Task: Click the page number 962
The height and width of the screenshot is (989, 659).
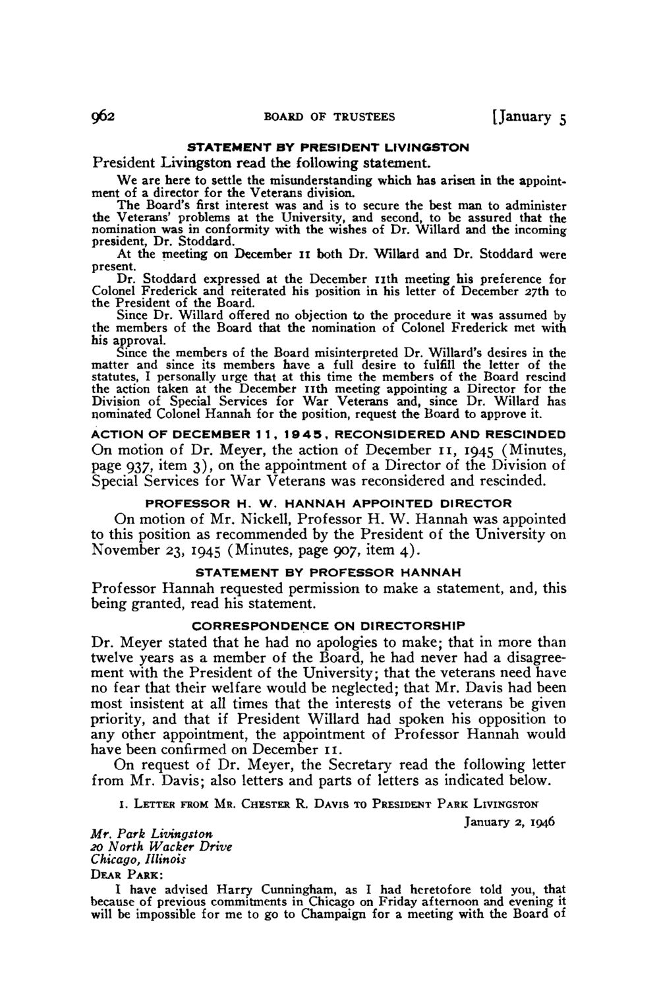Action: point(105,117)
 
